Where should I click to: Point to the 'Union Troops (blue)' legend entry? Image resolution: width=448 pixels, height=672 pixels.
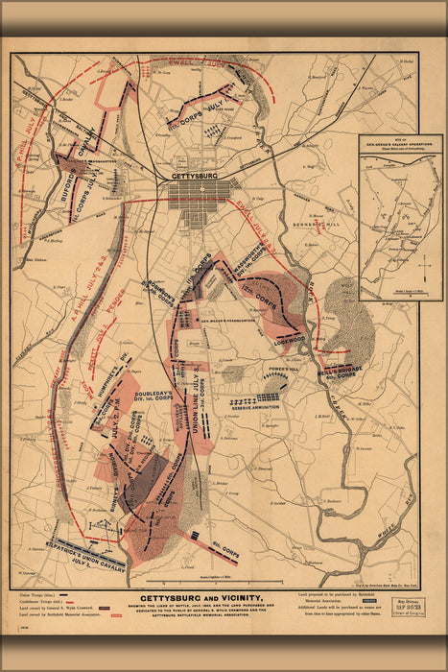pyautogui.click(x=39, y=596)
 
